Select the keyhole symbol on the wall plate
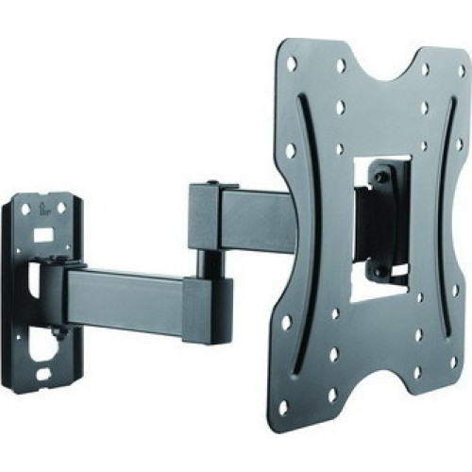click(43, 211)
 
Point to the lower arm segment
click(123, 288)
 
